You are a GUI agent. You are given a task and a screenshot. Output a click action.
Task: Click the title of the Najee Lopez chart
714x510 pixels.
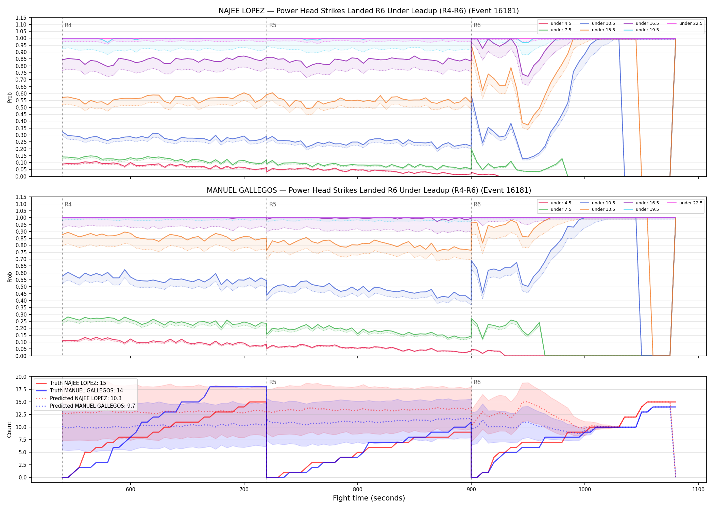pos(369,11)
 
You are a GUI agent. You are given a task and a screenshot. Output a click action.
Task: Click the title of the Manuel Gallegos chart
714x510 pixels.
pos(369,190)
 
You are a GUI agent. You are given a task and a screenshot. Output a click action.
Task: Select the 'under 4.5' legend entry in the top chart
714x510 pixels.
pos(555,23)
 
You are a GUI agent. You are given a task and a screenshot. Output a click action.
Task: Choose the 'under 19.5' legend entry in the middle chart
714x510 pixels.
pos(641,209)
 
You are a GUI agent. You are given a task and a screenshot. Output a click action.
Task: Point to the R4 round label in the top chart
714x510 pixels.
pos(68,25)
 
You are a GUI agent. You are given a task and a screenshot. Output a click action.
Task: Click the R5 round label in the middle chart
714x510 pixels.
pos(273,204)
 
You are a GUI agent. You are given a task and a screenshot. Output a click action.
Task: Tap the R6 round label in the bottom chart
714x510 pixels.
pos(477,382)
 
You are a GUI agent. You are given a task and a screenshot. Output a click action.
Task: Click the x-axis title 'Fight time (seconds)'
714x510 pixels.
pos(369,498)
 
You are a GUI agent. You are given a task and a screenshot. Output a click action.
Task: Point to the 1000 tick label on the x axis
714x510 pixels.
pos(585,489)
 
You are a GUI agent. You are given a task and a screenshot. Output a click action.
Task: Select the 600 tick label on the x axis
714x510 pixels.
pos(131,489)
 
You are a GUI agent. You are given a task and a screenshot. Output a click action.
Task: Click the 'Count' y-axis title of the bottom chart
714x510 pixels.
pos(9,429)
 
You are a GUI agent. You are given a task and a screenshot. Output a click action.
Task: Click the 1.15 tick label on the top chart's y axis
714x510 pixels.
pos(21,18)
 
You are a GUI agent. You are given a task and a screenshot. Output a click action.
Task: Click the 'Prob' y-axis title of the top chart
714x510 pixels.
pos(10,97)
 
